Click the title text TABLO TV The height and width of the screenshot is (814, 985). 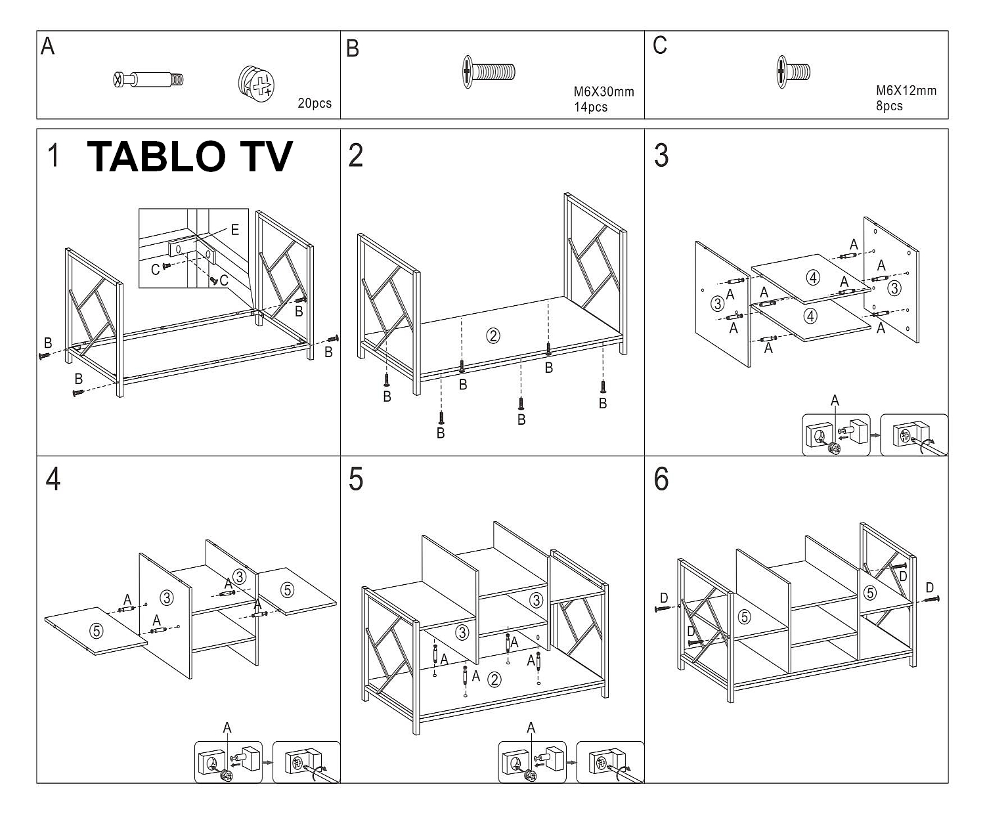click(189, 157)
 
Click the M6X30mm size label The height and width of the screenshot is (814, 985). click(603, 92)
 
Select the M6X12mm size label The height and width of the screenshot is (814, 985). click(906, 91)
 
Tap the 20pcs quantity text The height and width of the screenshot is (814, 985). click(315, 103)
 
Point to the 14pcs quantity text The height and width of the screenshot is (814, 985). click(590, 107)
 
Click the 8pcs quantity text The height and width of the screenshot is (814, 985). click(889, 106)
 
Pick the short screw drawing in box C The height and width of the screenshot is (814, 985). click(793, 70)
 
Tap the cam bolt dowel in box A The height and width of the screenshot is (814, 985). click(148, 80)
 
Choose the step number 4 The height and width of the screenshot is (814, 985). click(53, 479)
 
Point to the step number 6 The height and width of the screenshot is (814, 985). click(661, 479)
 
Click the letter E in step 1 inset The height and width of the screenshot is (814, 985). click(234, 230)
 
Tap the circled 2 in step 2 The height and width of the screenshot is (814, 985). click(492, 335)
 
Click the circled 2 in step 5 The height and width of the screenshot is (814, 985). click(494, 679)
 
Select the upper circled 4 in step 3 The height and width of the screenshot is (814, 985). click(813, 278)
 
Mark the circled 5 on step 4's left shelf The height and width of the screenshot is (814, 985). click(97, 631)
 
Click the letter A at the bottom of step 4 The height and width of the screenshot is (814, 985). click(227, 727)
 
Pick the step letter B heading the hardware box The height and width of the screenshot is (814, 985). click(353, 49)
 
